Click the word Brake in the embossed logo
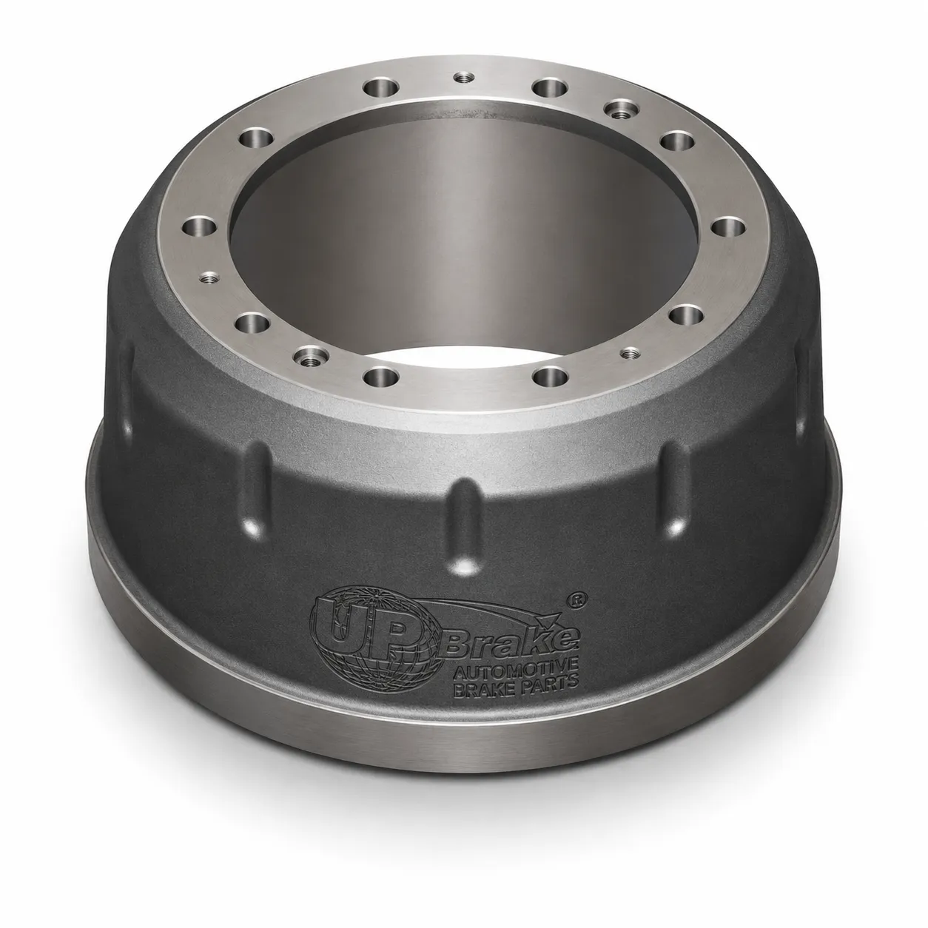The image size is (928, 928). (x=511, y=643)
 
